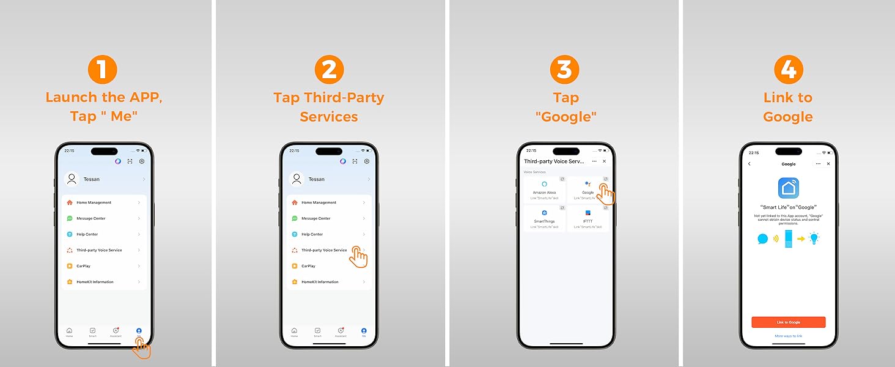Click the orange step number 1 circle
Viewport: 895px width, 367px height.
point(103,69)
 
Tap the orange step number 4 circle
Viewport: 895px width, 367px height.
point(788,69)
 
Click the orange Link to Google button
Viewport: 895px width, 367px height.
point(788,322)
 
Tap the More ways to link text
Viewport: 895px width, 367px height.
point(788,336)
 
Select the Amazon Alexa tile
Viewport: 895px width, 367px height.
point(544,190)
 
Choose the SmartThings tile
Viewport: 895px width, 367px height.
point(544,218)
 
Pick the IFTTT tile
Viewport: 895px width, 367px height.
point(587,218)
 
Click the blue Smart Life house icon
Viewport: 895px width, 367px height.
point(788,188)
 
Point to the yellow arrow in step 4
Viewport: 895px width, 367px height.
point(801,239)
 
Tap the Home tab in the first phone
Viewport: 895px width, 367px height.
point(69,332)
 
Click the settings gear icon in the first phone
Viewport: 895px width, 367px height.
point(142,161)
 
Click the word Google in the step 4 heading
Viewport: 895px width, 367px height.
point(788,116)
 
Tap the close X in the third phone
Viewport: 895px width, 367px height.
point(604,161)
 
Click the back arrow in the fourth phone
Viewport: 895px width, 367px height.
point(750,164)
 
